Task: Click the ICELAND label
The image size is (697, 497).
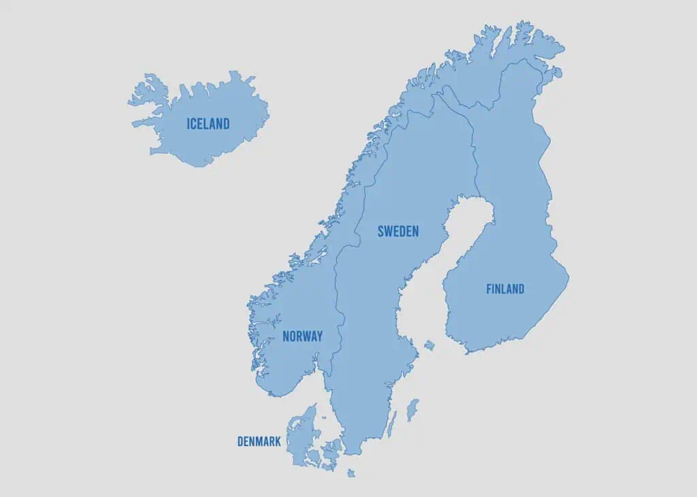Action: tap(208, 124)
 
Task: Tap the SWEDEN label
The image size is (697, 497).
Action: tap(398, 231)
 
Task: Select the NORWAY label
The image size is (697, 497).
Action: tap(302, 336)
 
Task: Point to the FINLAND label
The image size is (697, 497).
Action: tap(505, 289)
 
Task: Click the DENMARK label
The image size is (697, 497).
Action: tap(259, 442)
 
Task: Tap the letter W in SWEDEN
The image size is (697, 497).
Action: tap(389, 231)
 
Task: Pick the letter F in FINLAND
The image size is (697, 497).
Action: tap(489, 289)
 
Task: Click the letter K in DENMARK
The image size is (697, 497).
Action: tap(278, 442)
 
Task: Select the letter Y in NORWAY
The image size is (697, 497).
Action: tap(319, 336)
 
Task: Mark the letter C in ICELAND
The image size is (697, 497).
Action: tap(195, 124)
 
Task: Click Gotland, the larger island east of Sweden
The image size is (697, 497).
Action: tap(412, 410)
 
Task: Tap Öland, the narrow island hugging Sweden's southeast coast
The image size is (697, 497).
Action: tap(391, 424)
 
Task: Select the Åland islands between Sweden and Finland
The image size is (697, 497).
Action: tap(429, 346)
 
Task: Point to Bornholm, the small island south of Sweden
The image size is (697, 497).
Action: tap(351, 472)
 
